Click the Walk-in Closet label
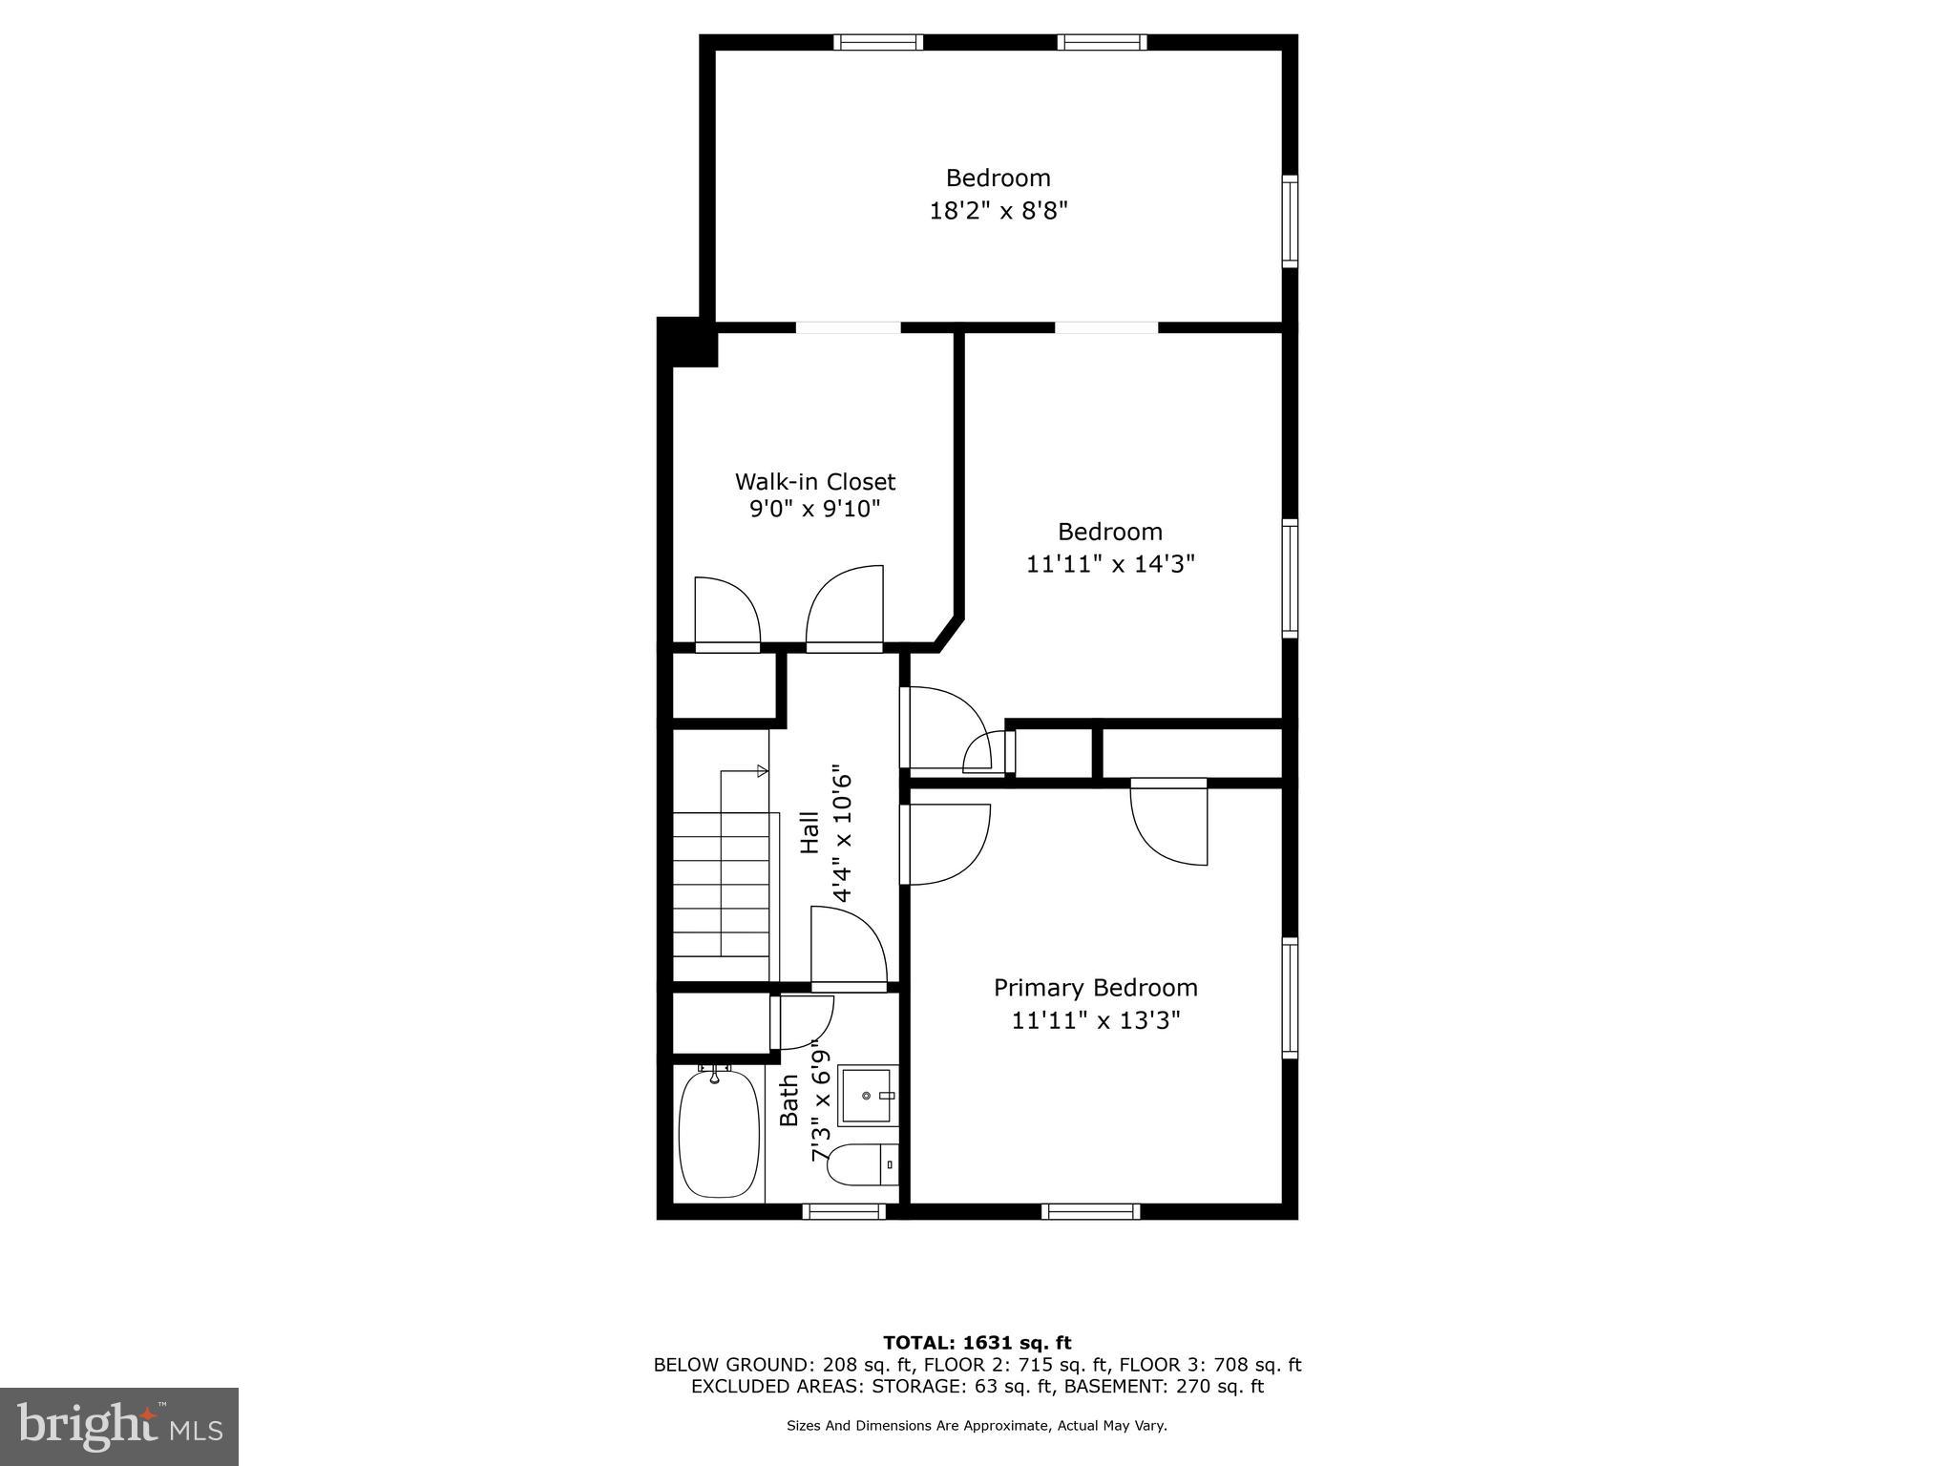[x=814, y=482]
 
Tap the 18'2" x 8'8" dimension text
[x=998, y=211]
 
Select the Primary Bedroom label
[x=1095, y=988]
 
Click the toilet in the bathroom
[x=861, y=1165]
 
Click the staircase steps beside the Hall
[x=721, y=884]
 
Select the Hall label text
[x=809, y=832]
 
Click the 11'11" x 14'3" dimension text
[x=1110, y=564]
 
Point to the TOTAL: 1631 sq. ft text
[x=977, y=1343]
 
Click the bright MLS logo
[x=119, y=1427]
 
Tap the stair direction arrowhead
[x=762, y=770]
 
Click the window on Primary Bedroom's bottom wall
[x=1090, y=1211]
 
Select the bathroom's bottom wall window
[x=844, y=1211]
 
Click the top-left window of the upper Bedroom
[x=877, y=42]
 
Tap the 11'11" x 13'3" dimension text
[x=1096, y=1021]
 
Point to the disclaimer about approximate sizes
[x=977, y=1426]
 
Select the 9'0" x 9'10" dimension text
[x=814, y=509]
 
